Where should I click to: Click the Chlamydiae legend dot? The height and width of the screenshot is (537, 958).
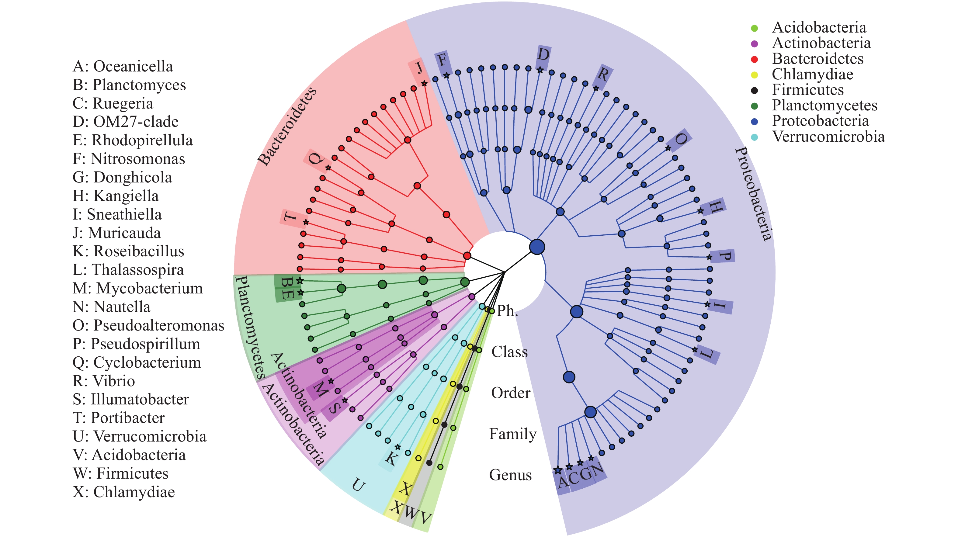pyautogui.click(x=754, y=75)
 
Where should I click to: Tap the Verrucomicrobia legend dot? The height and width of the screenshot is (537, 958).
pyautogui.click(x=754, y=137)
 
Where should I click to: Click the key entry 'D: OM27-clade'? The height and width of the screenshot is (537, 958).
pyautogui.click(x=125, y=122)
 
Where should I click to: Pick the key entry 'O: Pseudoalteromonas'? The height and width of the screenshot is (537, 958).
pyautogui.click(x=148, y=325)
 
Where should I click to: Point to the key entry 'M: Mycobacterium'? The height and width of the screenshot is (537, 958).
pyautogui.click(x=137, y=289)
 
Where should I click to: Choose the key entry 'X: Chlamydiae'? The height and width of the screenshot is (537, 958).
pyautogui.click(x=123, y=492)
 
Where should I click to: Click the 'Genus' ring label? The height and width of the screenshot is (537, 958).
pyautogui.click(x=510, y=475)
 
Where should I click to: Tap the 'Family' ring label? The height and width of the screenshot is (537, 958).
pyautogui.click(x=512, y=434)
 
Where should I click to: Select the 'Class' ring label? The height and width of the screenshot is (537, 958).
pyautogui.click(x=509, y=352)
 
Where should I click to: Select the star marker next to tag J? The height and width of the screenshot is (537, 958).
pyautogui.click(x=424, y=84)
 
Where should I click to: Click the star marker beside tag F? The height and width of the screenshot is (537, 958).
pyautogui.click(x=447, y=75)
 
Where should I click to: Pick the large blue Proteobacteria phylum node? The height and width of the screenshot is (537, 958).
pyautogui.click(x=537, y=247)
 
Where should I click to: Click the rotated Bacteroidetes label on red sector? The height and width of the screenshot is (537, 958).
pyautogui.click(x=287, y=126)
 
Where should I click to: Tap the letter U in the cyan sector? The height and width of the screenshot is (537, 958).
pyautogui.click(x=358, y=485)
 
